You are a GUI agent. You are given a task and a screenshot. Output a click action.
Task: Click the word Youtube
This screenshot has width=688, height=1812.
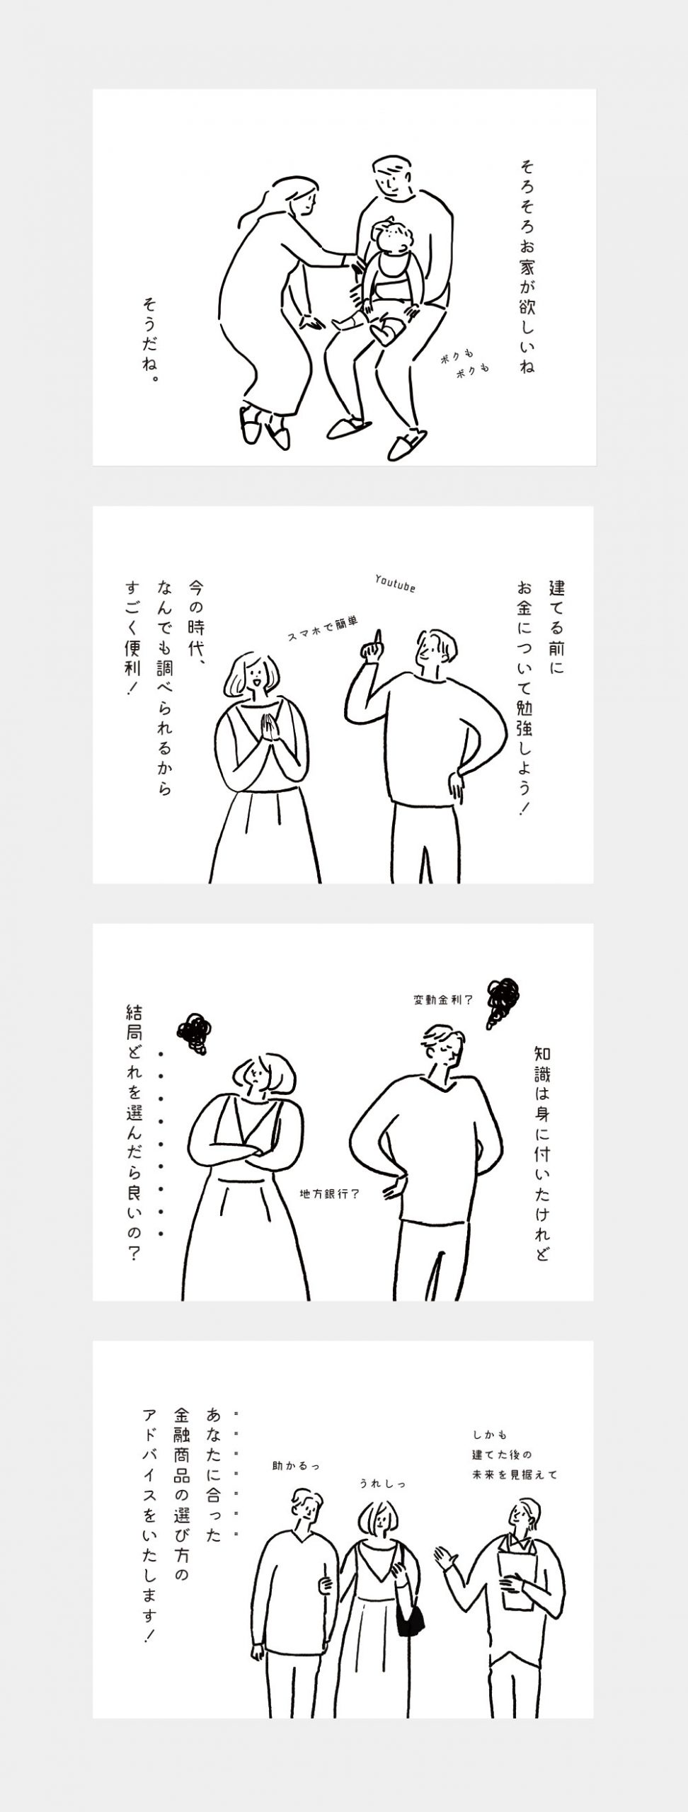click(395, 585)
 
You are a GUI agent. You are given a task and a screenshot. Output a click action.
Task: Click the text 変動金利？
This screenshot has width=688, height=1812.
click(443, 1000)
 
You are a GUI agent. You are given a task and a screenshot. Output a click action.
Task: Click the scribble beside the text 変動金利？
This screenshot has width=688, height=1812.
click(500, 1000)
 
